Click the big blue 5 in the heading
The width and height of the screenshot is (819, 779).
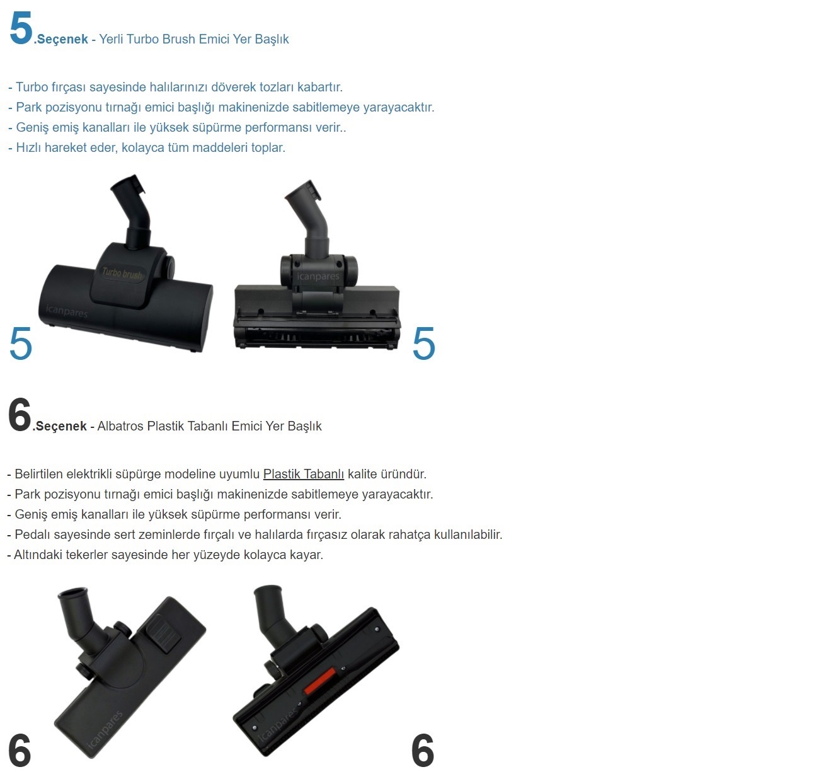[x=21, y=28]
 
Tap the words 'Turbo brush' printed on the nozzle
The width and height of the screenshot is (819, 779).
[x=122, y=274]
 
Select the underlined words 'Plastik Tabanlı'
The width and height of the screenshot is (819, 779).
[x=303, y=474]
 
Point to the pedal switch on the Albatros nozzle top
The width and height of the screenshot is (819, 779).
[x=163, y=634]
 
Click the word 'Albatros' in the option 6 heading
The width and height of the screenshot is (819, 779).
[x=120, y=426]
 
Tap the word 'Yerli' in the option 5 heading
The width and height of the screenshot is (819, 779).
[x=111, y=39]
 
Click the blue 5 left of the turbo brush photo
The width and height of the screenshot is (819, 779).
[x=20, y=343]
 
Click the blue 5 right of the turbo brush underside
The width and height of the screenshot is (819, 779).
[x=423, y=343]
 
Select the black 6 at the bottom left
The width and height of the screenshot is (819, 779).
[x=20, y=750]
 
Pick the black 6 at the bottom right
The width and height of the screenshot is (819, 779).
[x=422, y=750]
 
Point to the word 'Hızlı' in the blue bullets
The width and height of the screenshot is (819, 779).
[x=28, y=147]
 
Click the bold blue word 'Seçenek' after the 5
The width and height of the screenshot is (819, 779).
[x=62, y=39]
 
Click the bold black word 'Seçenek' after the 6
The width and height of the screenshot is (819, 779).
[x=61, y=426]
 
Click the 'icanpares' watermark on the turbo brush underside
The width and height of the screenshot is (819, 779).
[x=318, y=276]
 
